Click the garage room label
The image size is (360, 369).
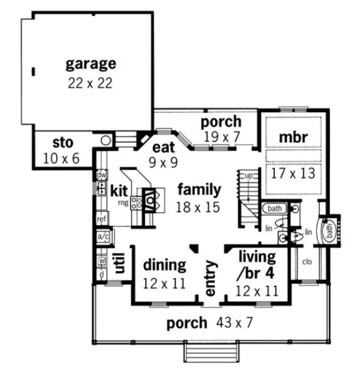(91, 63)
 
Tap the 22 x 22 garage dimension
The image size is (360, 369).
(91, 83)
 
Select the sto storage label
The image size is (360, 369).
(62, 142)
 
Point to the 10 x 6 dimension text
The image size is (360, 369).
(61, 158)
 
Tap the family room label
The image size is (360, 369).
(199, 190)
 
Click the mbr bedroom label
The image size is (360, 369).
(293, 137)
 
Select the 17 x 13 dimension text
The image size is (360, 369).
(293, 173)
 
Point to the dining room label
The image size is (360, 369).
(164, 265)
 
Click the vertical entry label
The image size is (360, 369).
(210, 278)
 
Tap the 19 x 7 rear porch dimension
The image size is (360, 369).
(221, 137)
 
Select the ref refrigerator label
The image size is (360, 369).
(102, 219)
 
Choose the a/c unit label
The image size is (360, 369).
(103, 237)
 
